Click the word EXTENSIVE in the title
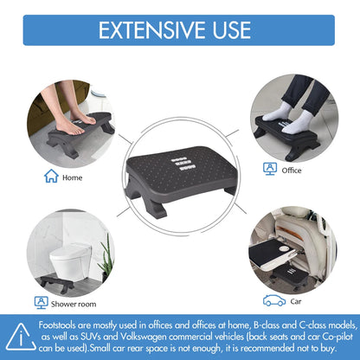click(x=152, y=30)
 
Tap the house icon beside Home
click(x=51, y=177)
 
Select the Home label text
click(x=74, y=178)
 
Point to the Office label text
click(x=292, y=170)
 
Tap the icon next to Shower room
click(x=40, y=303)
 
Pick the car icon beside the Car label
click(x=274, y=300)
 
